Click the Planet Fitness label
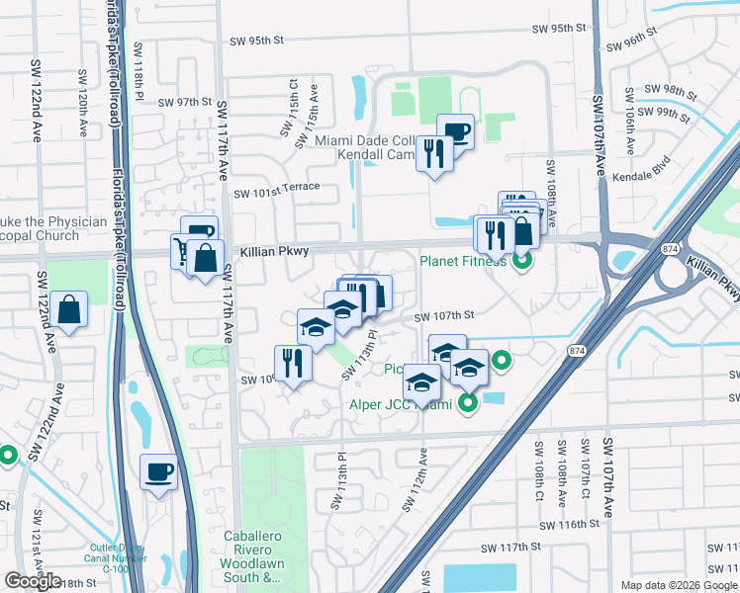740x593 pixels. [462, 262]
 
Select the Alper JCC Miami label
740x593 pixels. [400, 404]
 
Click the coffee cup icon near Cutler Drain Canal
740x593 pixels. [158, 471]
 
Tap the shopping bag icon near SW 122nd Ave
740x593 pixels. [71, 310]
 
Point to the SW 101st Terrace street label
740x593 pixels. [277, 188]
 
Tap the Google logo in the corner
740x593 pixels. [33, 581]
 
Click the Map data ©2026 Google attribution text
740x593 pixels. [678, 585]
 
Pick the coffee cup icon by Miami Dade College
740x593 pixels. [455, 130]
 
